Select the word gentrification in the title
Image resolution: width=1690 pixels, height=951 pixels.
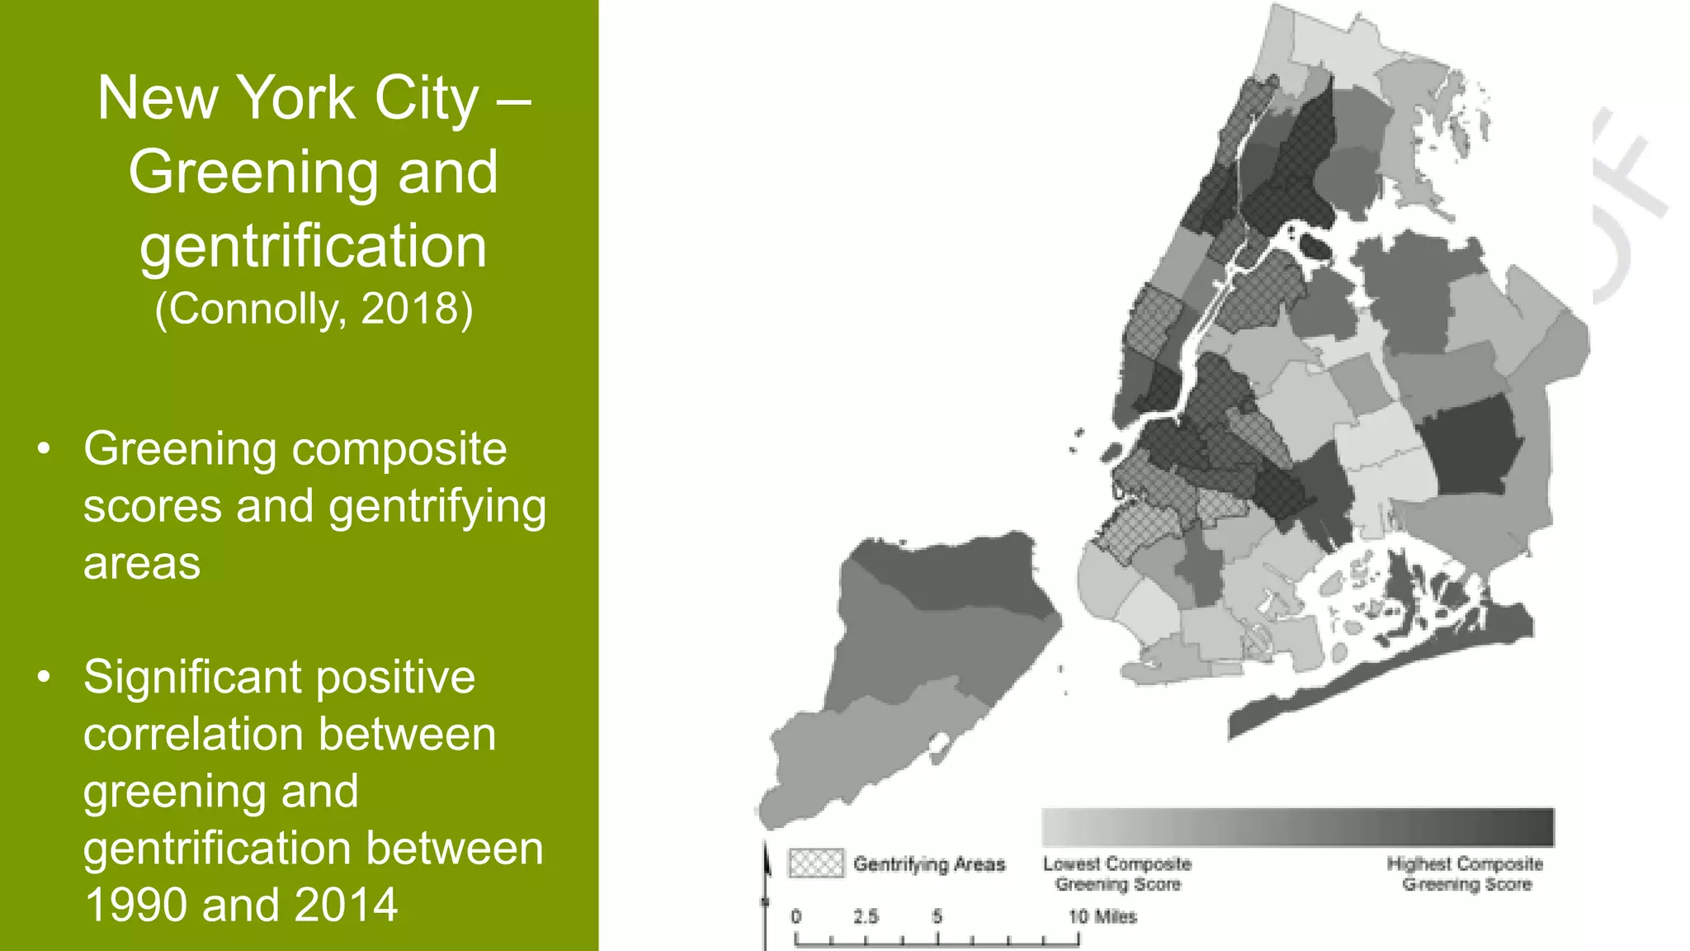coord(313,248)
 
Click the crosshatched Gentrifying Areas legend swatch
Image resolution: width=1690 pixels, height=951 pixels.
coord(815,863)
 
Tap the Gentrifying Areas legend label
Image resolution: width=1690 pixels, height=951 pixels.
coord(929,864)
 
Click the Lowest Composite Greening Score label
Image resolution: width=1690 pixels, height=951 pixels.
coord(1117,873)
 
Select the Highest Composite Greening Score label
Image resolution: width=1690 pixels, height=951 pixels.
coord(1466,873)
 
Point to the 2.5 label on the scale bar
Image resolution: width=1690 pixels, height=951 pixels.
coord(866,916)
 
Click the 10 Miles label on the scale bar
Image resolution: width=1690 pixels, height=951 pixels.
coord(1102,916)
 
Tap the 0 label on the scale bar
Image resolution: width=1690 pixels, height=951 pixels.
coord(795,916)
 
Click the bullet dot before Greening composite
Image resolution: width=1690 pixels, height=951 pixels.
coord(44,450)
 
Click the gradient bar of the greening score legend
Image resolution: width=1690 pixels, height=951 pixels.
coord(1297,826)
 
